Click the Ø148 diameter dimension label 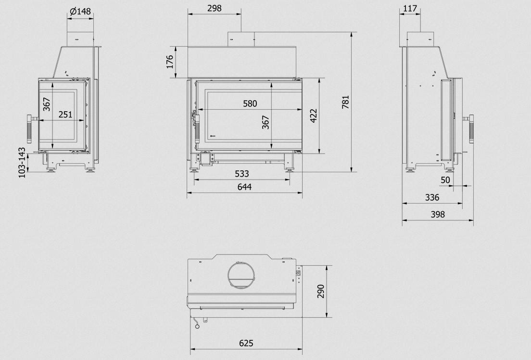[80, 11]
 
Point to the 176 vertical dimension [170, 62]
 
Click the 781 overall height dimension [345, 102]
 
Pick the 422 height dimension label [313, 116]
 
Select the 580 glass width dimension [250, 103]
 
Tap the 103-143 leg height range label [22, 163]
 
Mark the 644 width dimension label [244, 187]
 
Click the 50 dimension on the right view [445, 180]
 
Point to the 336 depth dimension [432, 197]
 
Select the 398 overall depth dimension [438, 214]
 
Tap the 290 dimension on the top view [321, 291]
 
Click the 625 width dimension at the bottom [246, 343]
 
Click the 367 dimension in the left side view [46, 104]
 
